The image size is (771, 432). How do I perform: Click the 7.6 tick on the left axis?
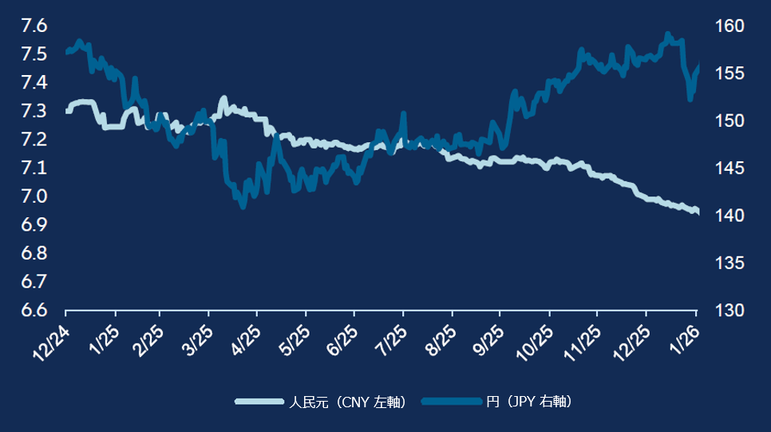[x=34, y=26]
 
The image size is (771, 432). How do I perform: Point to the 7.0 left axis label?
[x=34, y=196]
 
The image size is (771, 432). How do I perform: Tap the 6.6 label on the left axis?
[x=34, y=310]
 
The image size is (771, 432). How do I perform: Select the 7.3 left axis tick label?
[x=34, y=111]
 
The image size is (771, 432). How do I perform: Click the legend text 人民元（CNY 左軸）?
[x=348, y=402]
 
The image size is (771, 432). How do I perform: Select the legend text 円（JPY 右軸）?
[x=529, y=402]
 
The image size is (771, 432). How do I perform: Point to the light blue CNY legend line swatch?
[x=259, y=402]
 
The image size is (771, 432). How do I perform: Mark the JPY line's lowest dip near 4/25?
[x=243, y=206]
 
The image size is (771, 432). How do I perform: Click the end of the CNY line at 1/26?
[x=698, y=212]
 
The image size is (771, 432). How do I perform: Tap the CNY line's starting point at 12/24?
[x=66, y=111]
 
